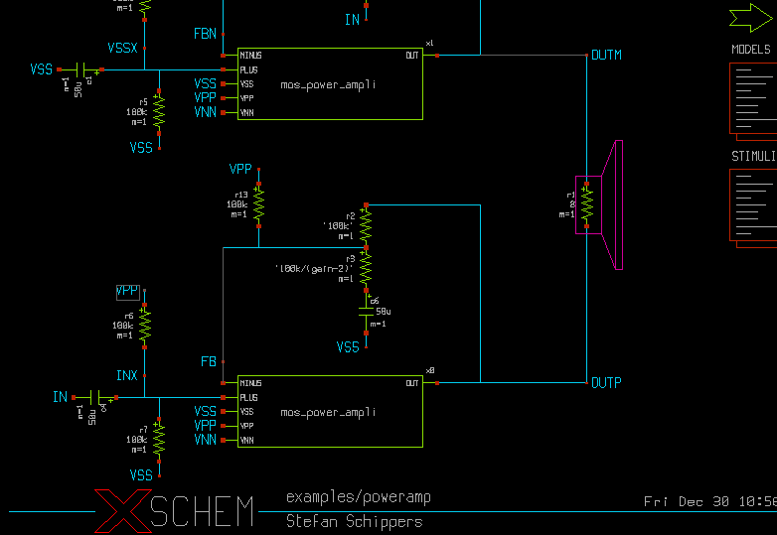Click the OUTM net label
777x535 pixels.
pyautogui.click(x=606, y=56)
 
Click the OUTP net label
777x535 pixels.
pyautogui.click(x=606, y=383)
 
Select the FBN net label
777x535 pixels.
pyautogui.click(x=205, y=35)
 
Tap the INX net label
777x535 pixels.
pyautogui.click(x=126, y=376)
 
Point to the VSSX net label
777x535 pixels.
pyautogui.click(x=123, y=49)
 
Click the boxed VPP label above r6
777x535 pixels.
pyautogui.click(x=127, y=292)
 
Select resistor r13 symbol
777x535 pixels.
pyautogui.click(x=258, y=204)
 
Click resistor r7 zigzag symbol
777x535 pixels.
pyautogui.click(x=159, y=437)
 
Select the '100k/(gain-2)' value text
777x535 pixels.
pyautogui.click(x=314, y=268)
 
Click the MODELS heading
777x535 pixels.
pyautogui.click(x=751, y=49)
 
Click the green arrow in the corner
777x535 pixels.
pyautogui.click(x=752, y=17)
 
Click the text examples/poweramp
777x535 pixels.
pyautogui.click(x=359, y=496)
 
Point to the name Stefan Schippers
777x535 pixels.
pyautogui.click(x=354, y=521)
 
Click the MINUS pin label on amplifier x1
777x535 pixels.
pyautogui.click(x=249, y=55)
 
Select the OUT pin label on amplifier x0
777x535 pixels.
pyautogui.click(x=412, y=382)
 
